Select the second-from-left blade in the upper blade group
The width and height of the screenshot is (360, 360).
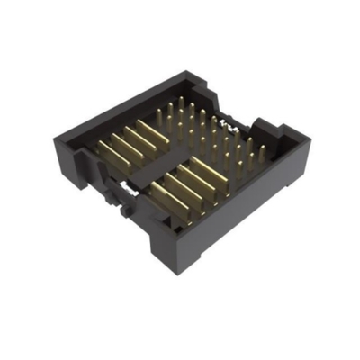(x=125, y=145)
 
